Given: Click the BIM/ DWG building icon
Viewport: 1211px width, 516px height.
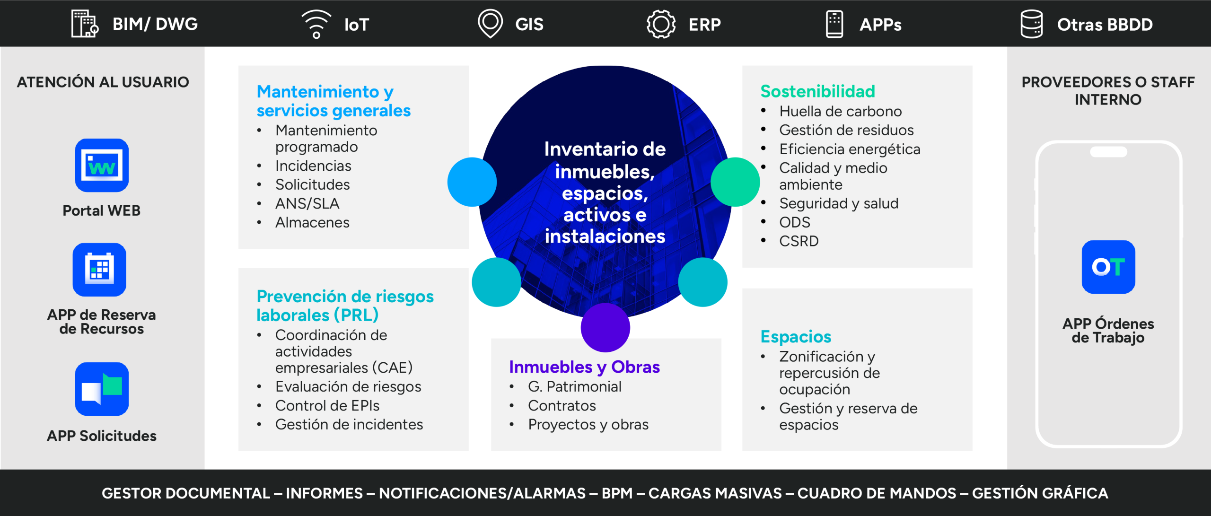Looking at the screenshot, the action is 85,24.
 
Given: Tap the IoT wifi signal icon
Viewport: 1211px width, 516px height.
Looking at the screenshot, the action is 316,24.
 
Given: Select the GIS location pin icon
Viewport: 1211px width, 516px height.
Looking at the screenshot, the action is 490,24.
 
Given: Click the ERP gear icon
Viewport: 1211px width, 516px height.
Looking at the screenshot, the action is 661,24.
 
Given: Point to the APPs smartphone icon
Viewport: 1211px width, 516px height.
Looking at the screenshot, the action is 834,24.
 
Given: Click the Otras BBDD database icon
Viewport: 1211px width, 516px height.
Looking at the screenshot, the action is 1032,24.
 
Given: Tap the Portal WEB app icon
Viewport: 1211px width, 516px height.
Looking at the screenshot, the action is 102,165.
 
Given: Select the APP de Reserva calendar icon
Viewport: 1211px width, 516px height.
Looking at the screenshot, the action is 99,270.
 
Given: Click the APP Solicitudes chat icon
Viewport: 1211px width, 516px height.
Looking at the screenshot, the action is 102,389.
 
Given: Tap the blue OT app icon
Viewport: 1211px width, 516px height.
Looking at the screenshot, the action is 1108,267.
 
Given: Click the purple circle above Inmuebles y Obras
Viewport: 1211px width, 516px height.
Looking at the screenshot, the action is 605,327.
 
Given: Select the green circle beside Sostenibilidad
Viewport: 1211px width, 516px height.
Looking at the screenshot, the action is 735,182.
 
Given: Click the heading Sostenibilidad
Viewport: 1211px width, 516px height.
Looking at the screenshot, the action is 817,91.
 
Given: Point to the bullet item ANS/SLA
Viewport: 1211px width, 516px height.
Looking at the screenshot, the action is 307,203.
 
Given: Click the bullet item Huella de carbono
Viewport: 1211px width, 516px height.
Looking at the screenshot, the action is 841,111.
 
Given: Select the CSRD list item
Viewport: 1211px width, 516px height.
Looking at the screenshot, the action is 799,241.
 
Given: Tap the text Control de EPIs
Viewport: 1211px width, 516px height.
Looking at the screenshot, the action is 327,405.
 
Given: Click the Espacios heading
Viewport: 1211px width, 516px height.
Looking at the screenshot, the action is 796,336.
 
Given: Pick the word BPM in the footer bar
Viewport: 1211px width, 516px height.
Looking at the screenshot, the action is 617,493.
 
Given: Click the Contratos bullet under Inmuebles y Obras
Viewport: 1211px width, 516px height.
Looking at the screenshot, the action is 562,405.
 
